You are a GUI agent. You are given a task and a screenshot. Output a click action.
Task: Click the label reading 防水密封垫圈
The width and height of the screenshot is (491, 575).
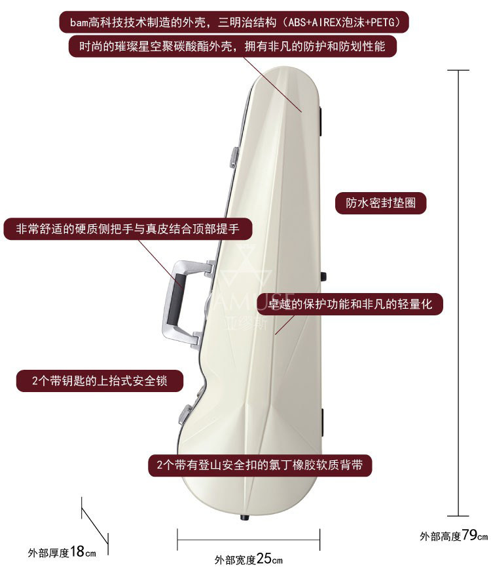tap(381, 203)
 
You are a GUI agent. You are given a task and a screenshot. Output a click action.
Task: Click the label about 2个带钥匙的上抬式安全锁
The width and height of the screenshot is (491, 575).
tap(99, 380)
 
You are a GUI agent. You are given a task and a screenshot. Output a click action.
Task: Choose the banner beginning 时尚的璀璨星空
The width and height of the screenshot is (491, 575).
tap(232, 47)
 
